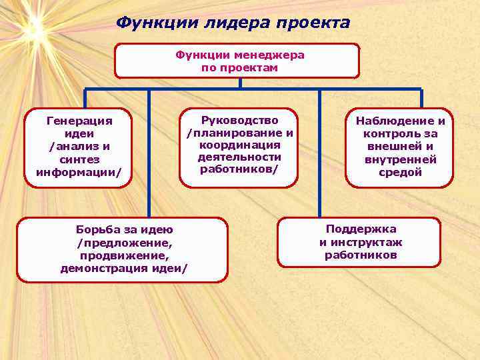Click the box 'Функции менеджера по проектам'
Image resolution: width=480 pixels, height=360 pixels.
237,61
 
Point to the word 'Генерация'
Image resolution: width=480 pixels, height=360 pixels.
78,121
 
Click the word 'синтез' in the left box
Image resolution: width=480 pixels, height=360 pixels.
78,159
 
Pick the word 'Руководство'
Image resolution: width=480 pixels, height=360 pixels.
239,120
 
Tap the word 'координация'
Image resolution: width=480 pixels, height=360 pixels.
239,145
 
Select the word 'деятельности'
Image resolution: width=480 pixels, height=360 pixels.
239,157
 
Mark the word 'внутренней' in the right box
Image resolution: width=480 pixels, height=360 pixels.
400,159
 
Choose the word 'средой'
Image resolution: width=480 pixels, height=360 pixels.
400,172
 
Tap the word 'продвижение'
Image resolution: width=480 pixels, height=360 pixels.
124,255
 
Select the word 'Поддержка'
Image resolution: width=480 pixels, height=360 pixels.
360,229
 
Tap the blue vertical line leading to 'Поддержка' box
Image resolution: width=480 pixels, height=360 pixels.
319,153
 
